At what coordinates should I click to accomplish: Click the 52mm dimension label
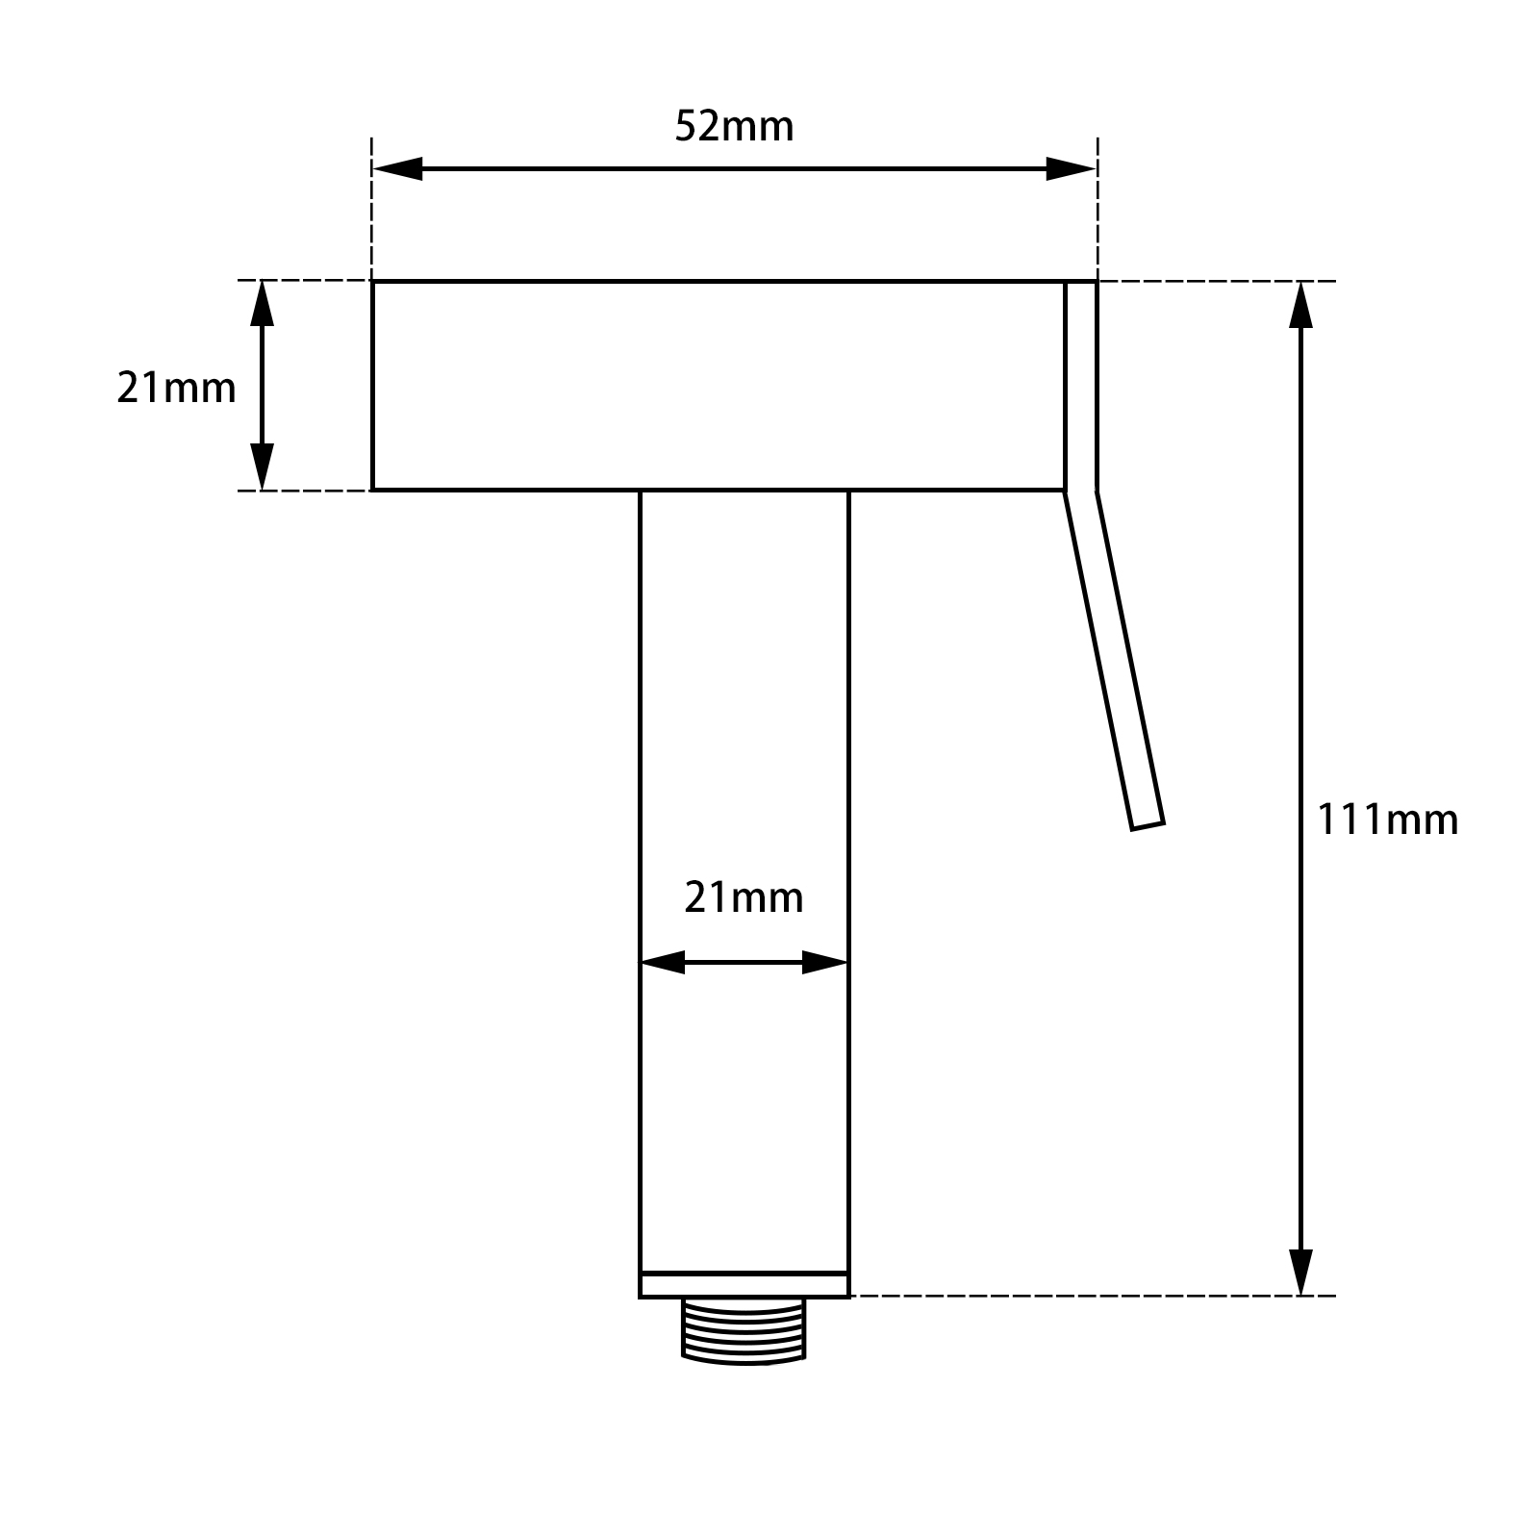tap(734, 126)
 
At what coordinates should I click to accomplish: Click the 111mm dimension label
tap(1386, 820)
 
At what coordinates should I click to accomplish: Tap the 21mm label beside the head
tap(176, 388)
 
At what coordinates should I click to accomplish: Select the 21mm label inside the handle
tap(744, 897)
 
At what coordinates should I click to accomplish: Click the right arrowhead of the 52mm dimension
tap(1071, 169)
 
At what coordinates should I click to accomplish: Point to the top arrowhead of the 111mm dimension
tap(1300, 306)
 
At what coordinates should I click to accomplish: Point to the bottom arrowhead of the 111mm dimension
tap(1300, 1271)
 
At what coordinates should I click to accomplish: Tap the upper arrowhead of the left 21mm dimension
tap(262, 304)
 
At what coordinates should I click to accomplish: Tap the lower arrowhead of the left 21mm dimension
tap(262, 467)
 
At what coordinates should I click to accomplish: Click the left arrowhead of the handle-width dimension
tap(662, 962)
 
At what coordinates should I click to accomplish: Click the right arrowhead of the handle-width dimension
tap(825, 962)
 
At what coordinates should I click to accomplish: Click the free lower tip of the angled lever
tap(1148, 824)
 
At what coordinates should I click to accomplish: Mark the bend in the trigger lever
tap(1080, 492)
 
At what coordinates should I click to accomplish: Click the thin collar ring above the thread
tap(744, 1285)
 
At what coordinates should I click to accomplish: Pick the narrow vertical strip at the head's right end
tap(1080, 385)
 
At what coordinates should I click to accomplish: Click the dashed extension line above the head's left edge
tap(372, 207)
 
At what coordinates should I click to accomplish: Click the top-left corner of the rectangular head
tap(373, 282)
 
